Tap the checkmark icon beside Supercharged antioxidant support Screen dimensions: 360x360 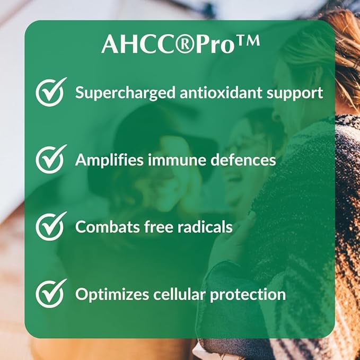pos(51,92)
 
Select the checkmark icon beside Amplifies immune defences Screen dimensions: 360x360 pos(51,159)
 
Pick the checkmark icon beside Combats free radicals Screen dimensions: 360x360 pos(51,226)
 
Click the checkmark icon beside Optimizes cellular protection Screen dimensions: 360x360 pos(51,294)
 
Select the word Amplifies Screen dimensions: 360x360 pos(104,160)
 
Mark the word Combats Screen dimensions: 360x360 pos(102,227)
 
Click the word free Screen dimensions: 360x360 pos(147,227)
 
